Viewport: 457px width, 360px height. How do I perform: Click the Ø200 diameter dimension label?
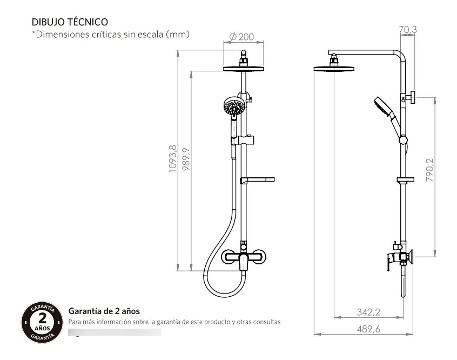(241, 37)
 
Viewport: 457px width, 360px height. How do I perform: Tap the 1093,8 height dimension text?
(172, 158)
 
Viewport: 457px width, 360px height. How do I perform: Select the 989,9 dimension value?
(186, 159)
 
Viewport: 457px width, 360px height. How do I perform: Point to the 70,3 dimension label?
(408, 30)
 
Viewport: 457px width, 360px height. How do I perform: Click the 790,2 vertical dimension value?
(429, 170)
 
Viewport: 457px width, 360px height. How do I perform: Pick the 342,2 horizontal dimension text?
(368, 312)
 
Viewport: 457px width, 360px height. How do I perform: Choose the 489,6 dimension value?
(368, 329)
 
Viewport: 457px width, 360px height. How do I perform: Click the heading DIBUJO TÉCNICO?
(70, 22)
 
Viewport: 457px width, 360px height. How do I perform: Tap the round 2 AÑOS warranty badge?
(42, 322)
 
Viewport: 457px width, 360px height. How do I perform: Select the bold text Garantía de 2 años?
(104, 311)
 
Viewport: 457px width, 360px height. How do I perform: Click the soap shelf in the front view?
(257, 180)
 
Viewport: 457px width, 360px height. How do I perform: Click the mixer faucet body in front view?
(244, 258)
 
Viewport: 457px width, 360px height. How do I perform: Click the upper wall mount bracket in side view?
(411, 97)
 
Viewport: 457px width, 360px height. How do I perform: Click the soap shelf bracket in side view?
(405, 179)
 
